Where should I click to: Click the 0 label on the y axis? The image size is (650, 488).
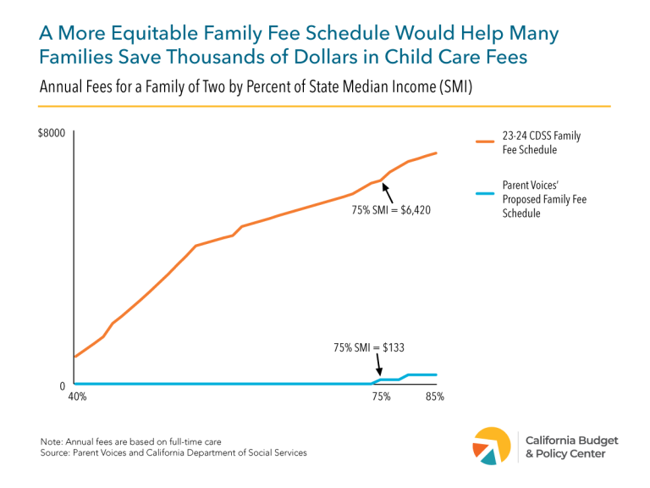pos(62,386)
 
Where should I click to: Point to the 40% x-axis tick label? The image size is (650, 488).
pos(76,397)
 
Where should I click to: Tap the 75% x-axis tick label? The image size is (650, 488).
pos(381,397)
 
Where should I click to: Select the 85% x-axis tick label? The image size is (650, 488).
pos(434,397)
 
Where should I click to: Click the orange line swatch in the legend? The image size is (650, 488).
pos(484,142)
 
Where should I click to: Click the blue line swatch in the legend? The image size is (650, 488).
pos(484,193)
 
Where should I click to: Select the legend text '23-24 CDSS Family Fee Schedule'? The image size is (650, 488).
pos(541,142)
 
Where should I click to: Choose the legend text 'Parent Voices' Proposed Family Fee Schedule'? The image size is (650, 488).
pos(543,200)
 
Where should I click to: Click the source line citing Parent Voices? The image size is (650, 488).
pos(174,453)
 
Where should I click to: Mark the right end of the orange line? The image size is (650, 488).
pos(436,153)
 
